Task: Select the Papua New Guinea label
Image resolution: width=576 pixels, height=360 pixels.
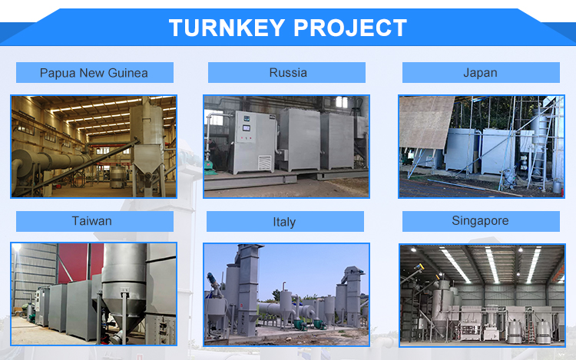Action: pyautogui.click(x=94, y=73)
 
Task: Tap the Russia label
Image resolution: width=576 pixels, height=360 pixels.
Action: pyautogui.click(x=288, y=73)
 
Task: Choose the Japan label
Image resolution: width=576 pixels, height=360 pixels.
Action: pyautogui.click(x=480, y=73)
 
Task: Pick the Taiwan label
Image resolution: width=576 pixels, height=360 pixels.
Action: pyautogui.click(x=92, y=221)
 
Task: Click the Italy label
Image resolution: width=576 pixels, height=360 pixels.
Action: pyautogui.click(x=284, y=222)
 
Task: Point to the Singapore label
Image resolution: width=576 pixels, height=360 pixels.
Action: pyautogui.click(x=480, y=221)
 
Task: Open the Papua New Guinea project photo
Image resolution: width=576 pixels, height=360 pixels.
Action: pyautogui.click(x=94, y=146)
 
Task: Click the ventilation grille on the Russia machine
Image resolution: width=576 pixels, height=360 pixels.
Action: pyautogui.click(x=265, y=162)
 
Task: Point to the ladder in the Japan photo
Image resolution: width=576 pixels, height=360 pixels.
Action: pyautogui.click(x=538, y=154)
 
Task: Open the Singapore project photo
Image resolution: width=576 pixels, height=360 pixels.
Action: pyautogui.click(x=482, y=295)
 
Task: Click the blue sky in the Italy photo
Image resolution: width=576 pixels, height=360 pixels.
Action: pyautogui.click(x=307, y=265)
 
